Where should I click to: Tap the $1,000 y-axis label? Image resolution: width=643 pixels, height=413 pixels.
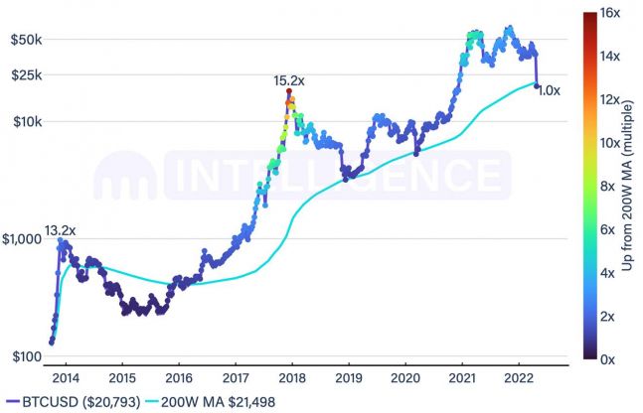[x=20, y=238]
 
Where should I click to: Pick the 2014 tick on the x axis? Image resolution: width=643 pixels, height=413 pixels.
[x=66, y=378]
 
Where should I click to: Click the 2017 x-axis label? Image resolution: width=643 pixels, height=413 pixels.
[x=236, y=378]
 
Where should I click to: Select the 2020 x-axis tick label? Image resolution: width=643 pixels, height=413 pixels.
[x=405, y=378]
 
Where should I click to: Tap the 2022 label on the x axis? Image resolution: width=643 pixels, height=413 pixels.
[x=519, y=378]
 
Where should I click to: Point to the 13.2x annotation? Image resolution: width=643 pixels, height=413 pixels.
[x=62, y=230]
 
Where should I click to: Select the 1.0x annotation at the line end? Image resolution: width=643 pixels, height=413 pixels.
[x=550, y=90]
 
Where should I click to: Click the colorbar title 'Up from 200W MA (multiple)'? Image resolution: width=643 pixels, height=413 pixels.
[x=629, y=186]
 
